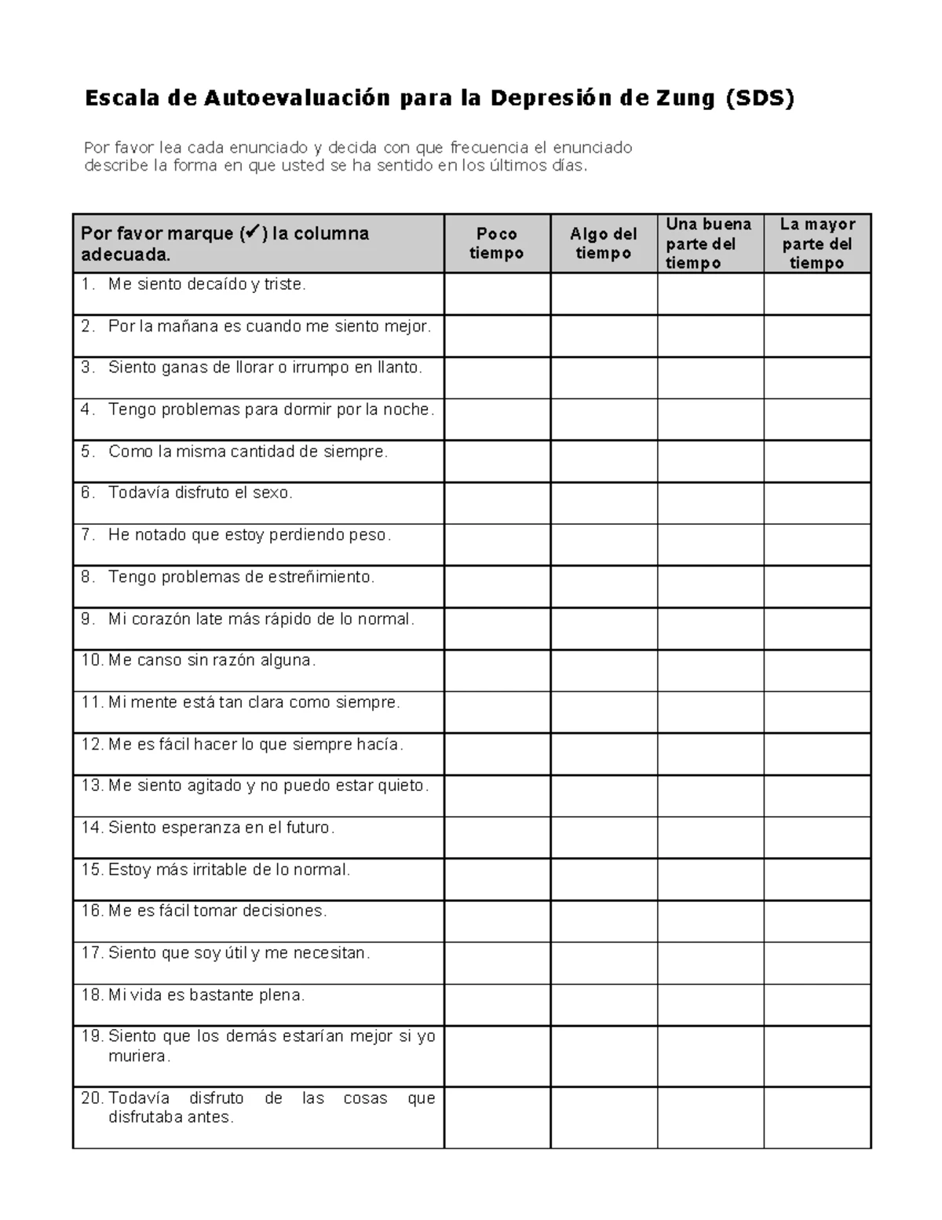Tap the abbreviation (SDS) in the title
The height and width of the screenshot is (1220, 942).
(x=760, y=98)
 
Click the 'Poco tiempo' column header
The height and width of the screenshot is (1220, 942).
(x=496, y=244)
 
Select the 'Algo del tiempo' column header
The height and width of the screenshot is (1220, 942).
(x=603, y=244)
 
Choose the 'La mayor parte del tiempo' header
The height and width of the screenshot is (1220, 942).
(x=816, y=244)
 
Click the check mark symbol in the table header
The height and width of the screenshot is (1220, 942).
(x=251, y=233)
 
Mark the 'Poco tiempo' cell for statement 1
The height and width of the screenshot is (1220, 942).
(x=497, y=294)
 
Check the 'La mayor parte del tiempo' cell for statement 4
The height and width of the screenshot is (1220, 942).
(x=817, y=419)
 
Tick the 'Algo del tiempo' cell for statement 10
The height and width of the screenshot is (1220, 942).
(x=604, y=670)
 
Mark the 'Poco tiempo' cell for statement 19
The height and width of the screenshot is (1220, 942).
(x=497, y=1056)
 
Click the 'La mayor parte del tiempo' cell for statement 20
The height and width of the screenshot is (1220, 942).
(x=817, y=1117)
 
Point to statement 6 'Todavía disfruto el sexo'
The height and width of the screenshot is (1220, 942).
(x=200, y=493)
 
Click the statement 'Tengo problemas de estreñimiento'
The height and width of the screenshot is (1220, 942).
(x=241, y=577)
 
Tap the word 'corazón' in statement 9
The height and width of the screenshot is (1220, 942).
(x=160, y=619)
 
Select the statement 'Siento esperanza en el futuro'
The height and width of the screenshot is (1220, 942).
(x=221, y=828)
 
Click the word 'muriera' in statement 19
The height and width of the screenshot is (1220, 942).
(x=138, y=1057)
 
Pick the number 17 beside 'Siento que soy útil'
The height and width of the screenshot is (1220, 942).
(x=91, y=953)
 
